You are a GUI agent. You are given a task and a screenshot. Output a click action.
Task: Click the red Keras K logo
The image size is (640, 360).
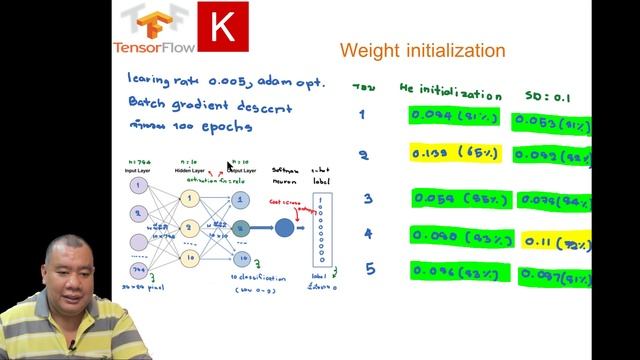pos(223,27)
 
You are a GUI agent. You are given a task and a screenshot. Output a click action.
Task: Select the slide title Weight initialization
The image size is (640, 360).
pos(422,50)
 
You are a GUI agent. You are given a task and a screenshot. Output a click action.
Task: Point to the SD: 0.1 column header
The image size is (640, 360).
pos(547,96)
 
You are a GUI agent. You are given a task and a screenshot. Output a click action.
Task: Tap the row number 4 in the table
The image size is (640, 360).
pos(368,234)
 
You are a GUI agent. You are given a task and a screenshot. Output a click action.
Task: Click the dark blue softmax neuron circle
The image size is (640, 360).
pos(284,227)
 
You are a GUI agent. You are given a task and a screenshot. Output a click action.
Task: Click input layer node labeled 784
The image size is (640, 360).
pos(139,271)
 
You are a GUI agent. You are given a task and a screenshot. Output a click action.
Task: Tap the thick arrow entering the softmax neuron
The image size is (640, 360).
pos(259,228)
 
